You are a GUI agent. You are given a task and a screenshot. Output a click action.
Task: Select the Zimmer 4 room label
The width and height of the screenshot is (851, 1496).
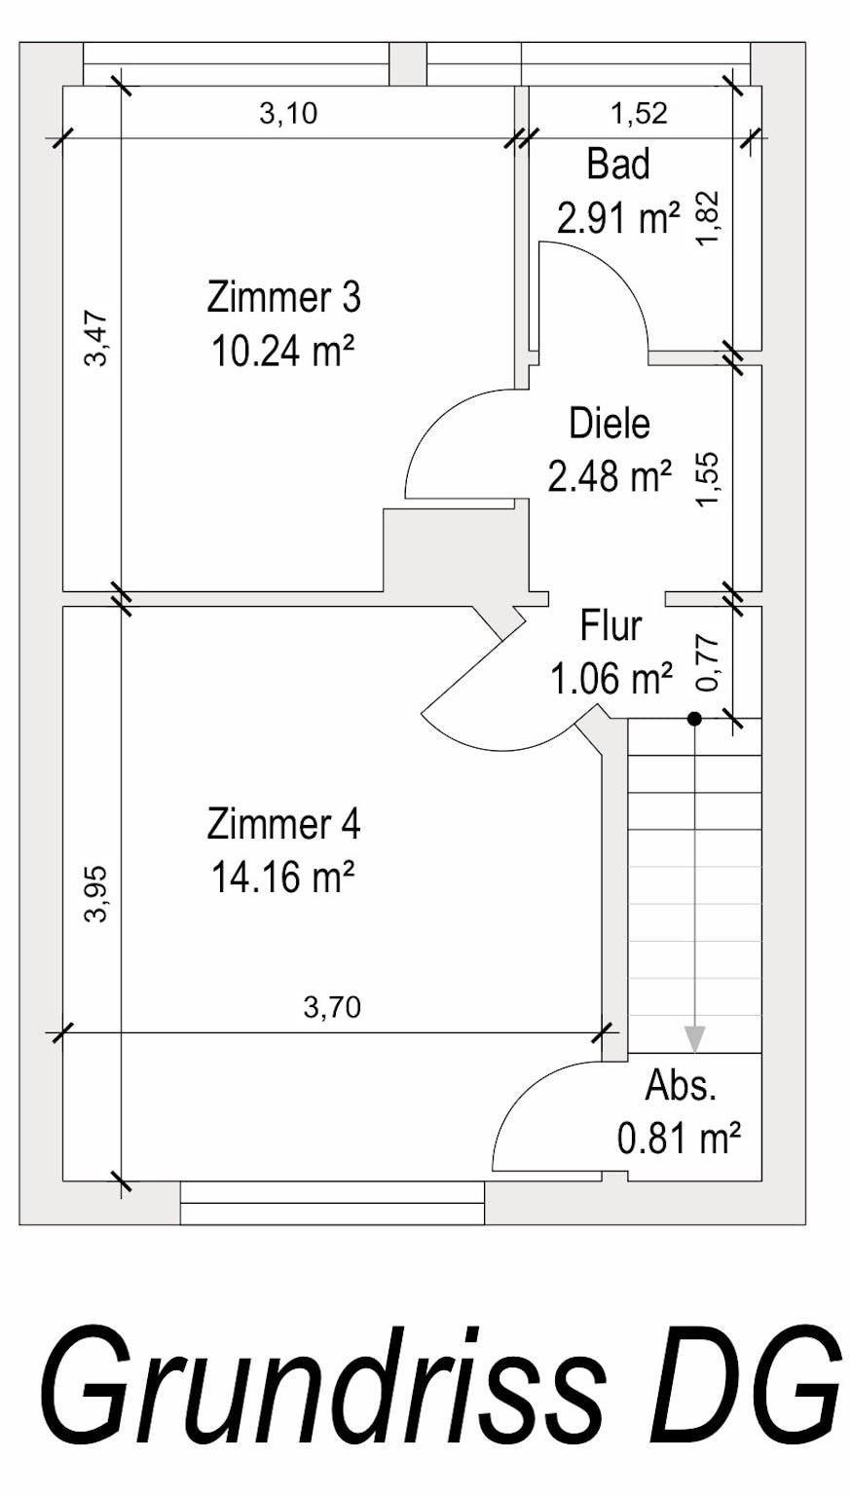point(283,824)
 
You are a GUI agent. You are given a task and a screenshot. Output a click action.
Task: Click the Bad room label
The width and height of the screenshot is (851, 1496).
point(618,165)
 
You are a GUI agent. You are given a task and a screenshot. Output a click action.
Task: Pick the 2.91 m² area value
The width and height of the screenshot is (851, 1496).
point(618,217)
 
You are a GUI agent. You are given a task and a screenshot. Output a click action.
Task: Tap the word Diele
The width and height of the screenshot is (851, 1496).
point(610,424)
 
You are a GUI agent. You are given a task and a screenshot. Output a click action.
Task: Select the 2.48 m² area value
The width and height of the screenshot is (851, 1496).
point(610,475)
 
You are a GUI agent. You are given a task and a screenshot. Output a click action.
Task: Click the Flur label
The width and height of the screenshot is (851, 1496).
point(610,626)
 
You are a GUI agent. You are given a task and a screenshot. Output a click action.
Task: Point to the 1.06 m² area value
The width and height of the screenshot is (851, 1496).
point(610,679)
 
